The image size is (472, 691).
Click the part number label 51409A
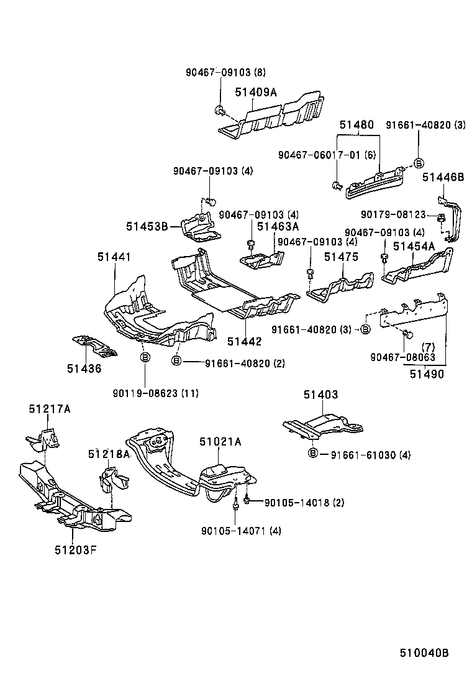[256, 93]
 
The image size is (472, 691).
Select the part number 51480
[356, 124]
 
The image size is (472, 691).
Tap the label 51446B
[443, 177]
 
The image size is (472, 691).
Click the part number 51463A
[278, 227]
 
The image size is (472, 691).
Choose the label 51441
[114, 257]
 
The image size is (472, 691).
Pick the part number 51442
[244, 341]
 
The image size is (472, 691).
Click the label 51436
[84, 368]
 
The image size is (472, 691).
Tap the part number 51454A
[414, 247]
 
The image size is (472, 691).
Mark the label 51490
[427, 374]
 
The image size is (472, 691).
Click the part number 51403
[320, 395]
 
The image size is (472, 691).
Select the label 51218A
[109, 454]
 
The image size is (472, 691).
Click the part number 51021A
[220, 442]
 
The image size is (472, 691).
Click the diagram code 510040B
[424, 652]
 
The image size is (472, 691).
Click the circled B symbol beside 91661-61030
[313, 454]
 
